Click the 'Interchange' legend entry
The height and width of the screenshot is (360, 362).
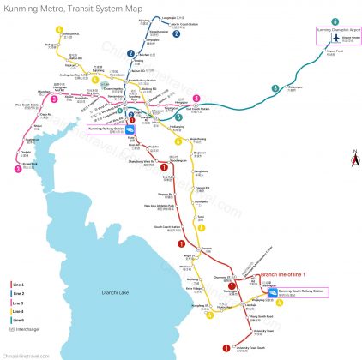point(25,328)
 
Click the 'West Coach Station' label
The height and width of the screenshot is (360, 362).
point(22,106)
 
